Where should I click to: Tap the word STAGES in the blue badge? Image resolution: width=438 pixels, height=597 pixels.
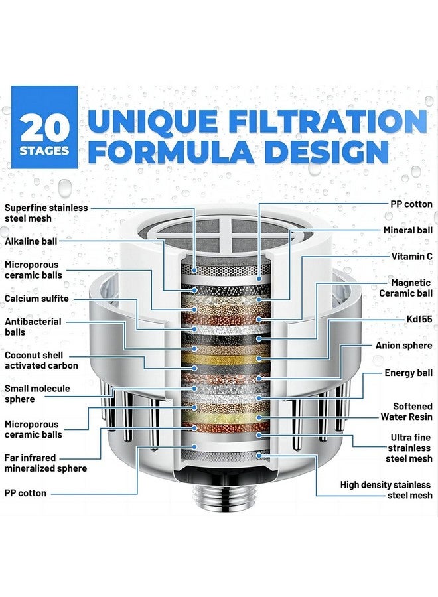44,150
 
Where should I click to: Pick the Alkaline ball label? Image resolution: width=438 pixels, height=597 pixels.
32,242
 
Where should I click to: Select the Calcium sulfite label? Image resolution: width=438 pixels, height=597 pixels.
37,298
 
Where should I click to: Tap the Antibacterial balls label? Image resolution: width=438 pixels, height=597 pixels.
33,326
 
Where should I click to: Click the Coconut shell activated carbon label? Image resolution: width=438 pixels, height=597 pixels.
41,360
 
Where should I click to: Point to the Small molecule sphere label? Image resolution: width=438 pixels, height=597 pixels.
37,394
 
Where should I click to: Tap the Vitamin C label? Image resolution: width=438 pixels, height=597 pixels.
411,256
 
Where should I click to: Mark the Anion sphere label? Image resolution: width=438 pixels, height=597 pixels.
403,346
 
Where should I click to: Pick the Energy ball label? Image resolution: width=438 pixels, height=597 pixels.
408,373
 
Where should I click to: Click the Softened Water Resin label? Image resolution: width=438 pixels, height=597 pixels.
406,411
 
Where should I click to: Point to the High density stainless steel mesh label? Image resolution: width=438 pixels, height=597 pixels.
386,490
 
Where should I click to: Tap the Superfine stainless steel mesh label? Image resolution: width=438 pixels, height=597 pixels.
46,212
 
